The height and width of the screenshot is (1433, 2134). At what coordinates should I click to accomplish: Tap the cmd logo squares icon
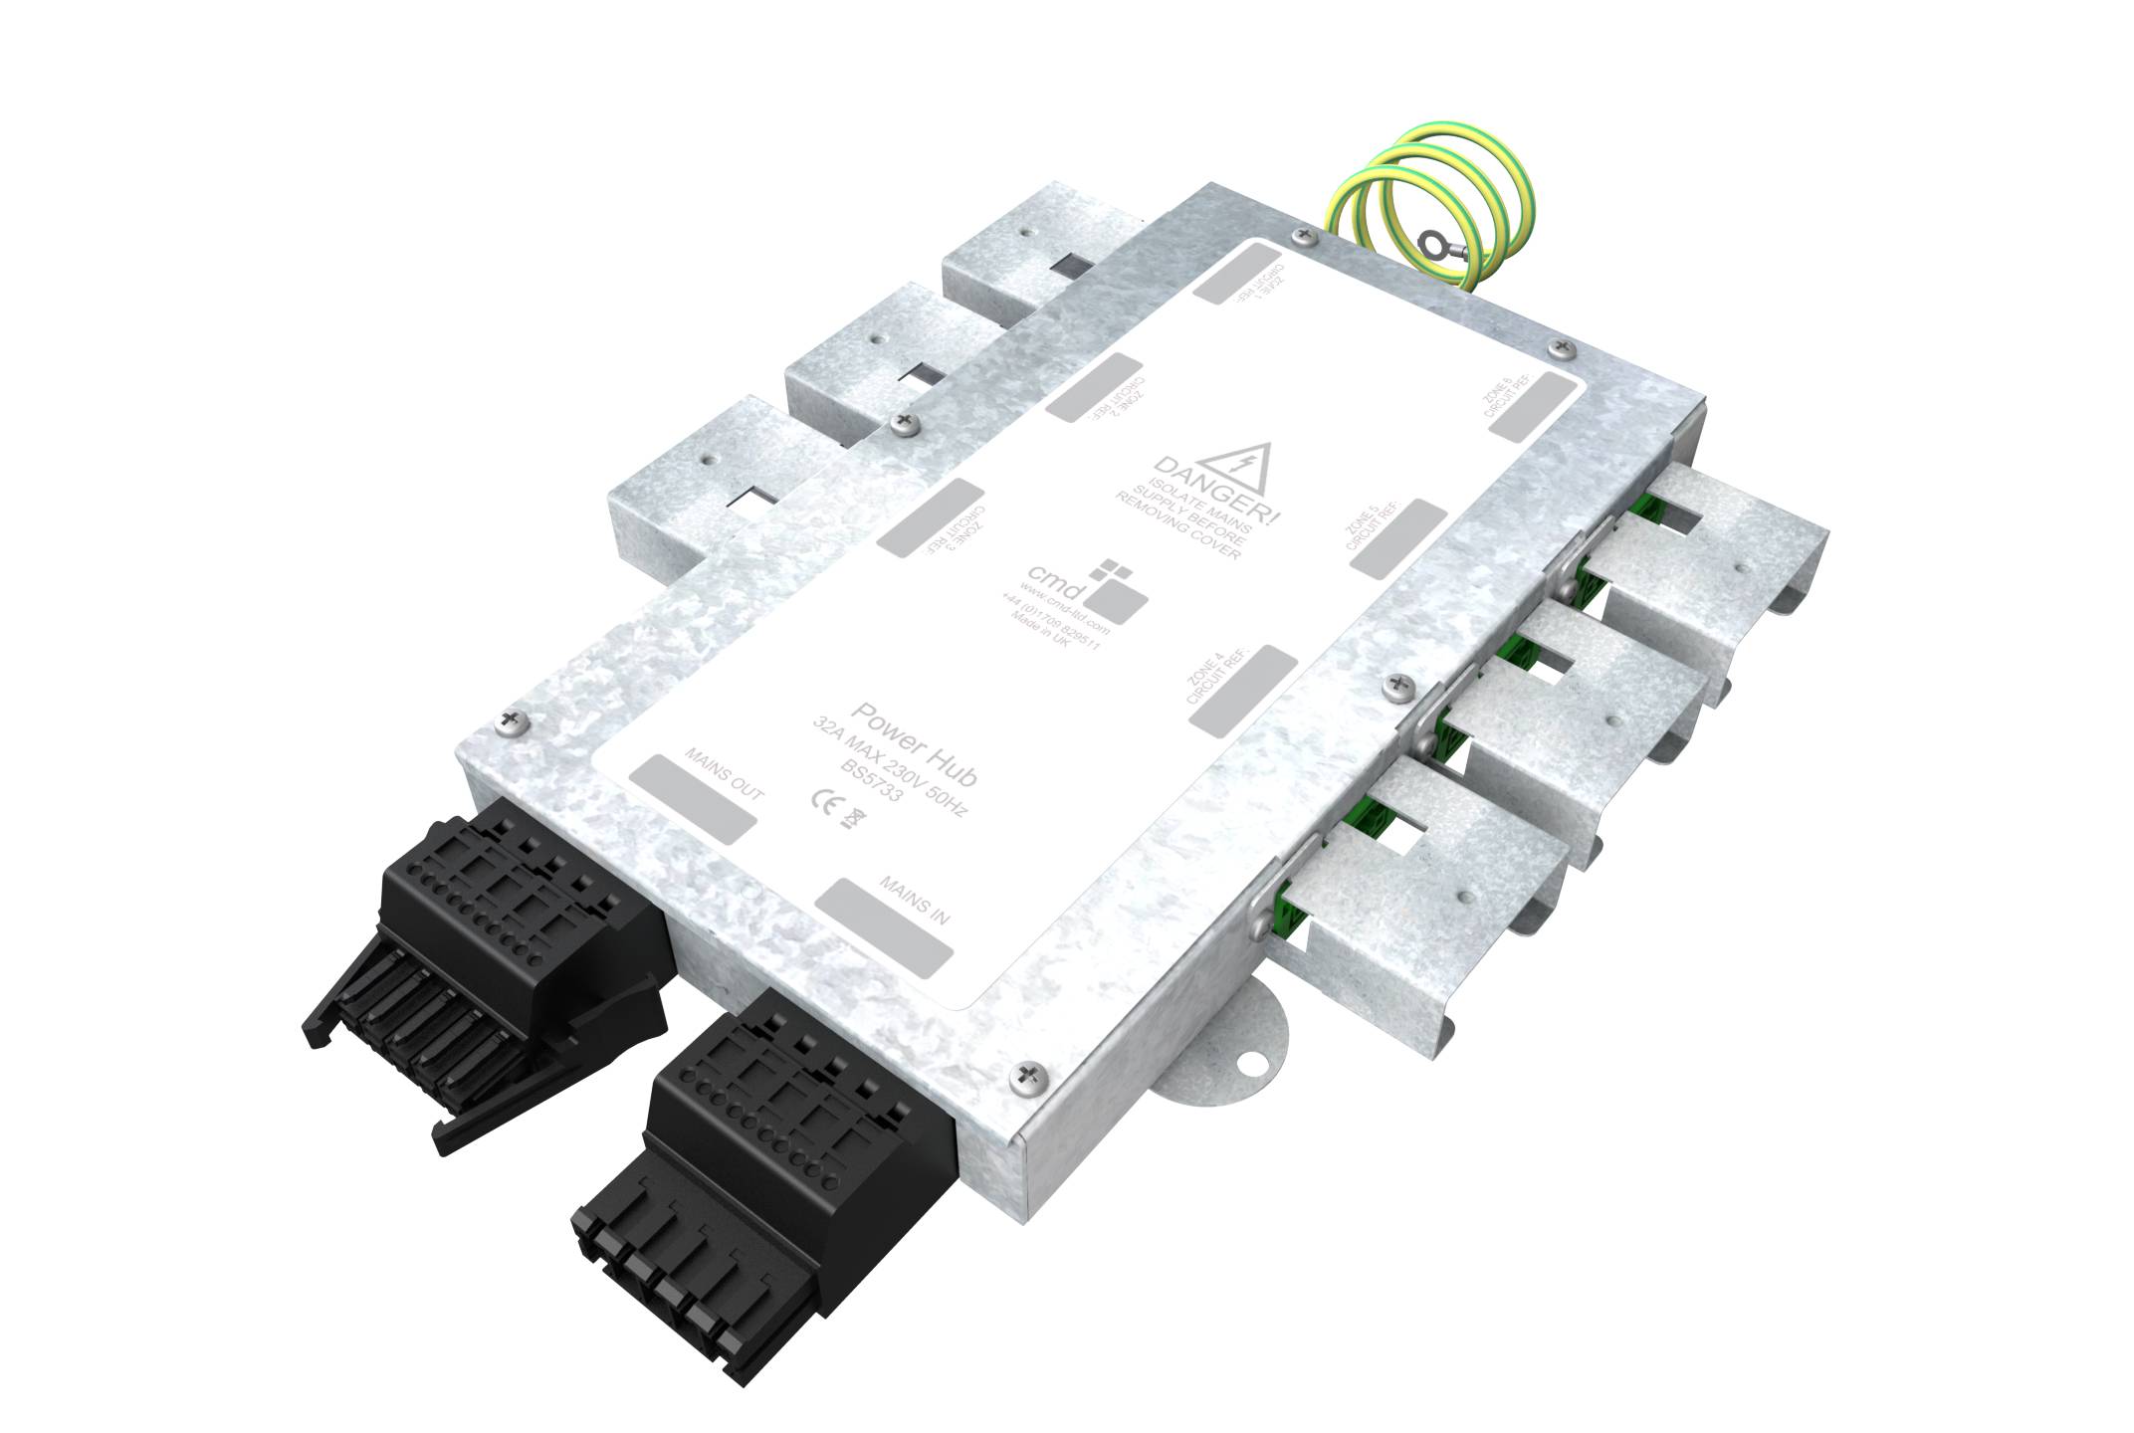point(1117,591)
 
